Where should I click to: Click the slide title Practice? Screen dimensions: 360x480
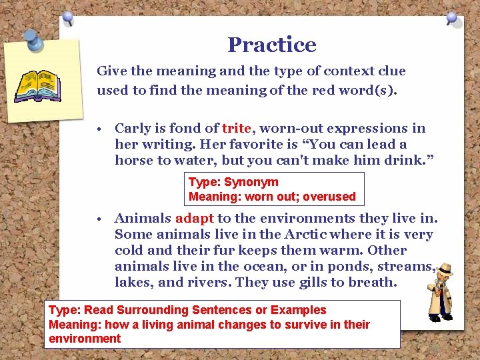coord(272,45)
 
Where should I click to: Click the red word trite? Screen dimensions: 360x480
coord(236,128)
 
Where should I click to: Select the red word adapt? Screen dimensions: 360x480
coord(194,218)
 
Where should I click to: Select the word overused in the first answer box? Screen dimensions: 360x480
coord(331,197)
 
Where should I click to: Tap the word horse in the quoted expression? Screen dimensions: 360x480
coord(133,160)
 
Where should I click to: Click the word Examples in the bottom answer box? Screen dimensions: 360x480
coord(297,310)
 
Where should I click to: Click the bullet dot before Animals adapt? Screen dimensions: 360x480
coord(98,219)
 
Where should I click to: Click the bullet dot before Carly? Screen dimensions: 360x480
coord(98,129)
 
